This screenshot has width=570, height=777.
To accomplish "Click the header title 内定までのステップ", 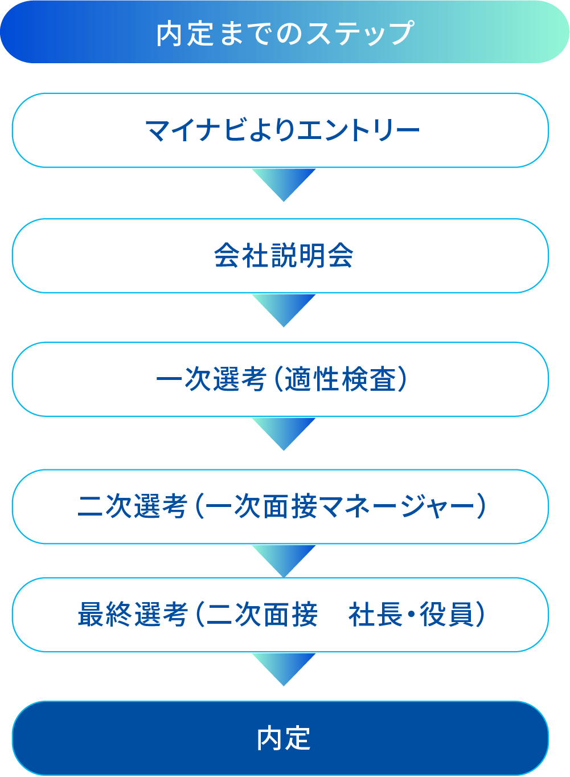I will [285, 33].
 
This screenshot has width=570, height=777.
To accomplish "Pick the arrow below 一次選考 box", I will [284, 432].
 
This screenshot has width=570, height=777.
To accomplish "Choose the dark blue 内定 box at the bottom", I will [280, 738].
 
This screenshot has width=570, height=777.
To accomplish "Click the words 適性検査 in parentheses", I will [340, 380].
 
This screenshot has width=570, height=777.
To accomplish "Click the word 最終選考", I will [132, 615].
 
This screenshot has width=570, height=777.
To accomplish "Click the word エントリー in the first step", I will [359, 130].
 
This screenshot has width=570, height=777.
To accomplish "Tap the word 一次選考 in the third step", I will [211, 380].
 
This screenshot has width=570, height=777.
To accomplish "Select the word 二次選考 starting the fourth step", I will [132, 506].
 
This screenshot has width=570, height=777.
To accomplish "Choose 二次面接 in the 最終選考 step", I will [261, 615].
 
